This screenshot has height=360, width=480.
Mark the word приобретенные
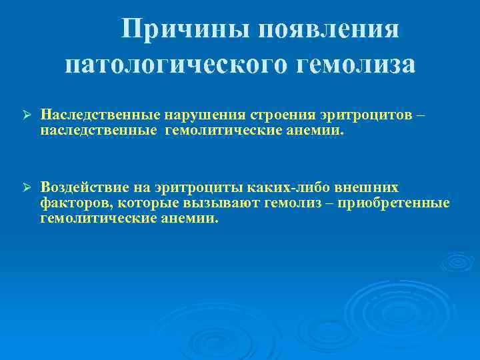pos(393,203)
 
